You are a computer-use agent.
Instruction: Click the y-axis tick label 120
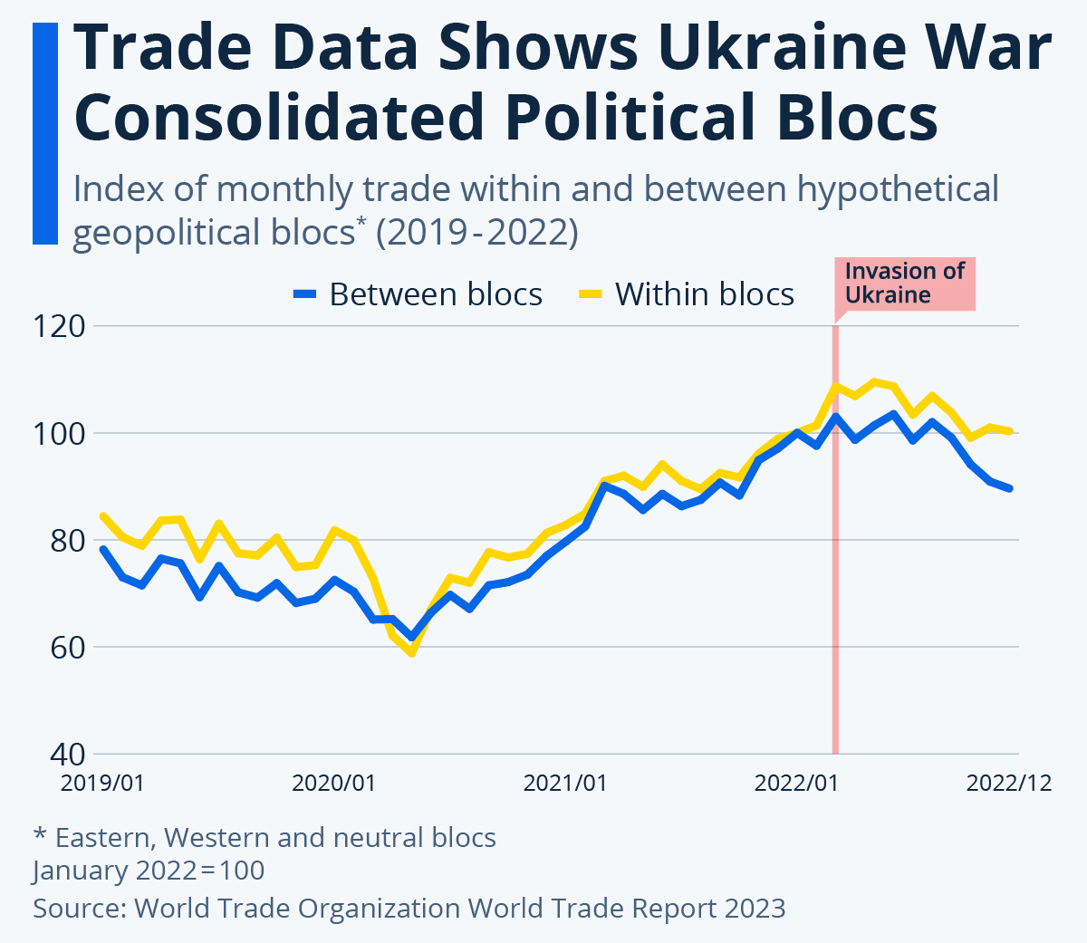click(59, 326)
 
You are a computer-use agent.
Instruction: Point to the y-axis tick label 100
click(59, 433)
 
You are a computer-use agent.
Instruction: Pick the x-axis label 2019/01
click(102, 783)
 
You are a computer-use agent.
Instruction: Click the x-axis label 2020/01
click(333, 783)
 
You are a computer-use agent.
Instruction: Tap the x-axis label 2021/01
click(565, 783)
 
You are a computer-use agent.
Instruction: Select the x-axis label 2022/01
click(796, 783)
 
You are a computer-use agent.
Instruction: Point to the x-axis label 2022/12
click(1009, 783)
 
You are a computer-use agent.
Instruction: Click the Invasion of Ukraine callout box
click(904, 283)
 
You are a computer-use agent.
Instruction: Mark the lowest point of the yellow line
click(411, 652)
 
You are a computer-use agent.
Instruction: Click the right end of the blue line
click(1010, 488)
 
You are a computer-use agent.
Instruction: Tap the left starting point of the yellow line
click(103, 516)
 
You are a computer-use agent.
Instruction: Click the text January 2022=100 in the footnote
click(149, 871)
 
